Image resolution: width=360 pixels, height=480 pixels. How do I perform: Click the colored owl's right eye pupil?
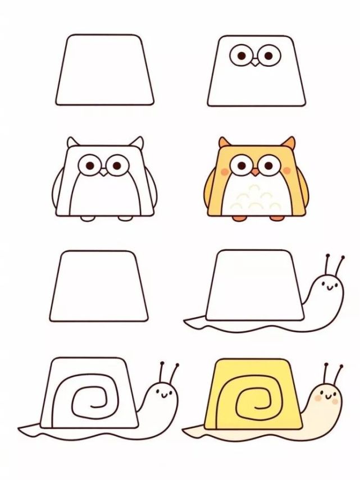[269, 165]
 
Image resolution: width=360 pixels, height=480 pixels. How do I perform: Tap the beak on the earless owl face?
[256, 62]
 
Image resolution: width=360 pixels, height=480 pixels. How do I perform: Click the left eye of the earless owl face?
[241, 56]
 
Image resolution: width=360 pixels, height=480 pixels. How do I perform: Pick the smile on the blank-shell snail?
[329, 288]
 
